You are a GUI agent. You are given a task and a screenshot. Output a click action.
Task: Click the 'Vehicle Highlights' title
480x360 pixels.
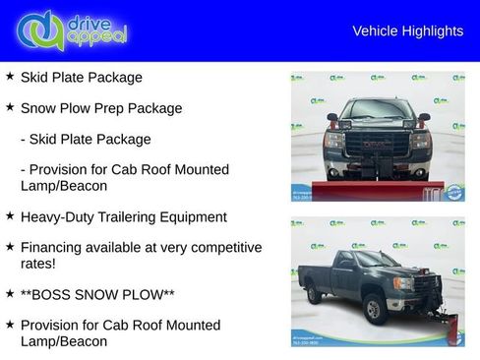click(x=407, y=31)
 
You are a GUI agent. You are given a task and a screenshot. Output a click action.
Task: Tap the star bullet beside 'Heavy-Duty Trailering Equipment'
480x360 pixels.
click(x=10, y=214)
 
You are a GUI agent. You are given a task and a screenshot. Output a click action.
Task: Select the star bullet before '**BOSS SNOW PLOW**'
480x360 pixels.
click(x=10, y=293)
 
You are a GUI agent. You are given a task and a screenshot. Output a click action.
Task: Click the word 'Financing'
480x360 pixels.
click(x=54, y=247)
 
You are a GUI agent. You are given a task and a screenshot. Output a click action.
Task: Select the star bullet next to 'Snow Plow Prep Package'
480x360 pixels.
click(x=10, y=106)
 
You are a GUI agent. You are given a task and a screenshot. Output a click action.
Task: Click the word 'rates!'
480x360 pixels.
click(x=40, y=264)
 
